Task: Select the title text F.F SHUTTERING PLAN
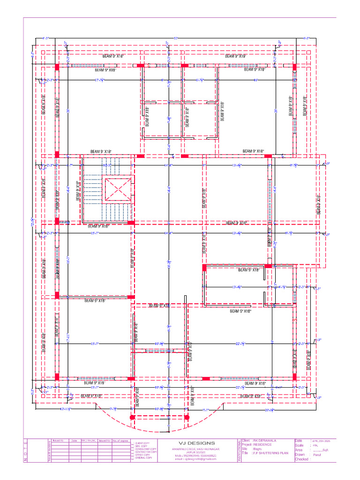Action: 270,453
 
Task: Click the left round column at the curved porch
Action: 132,417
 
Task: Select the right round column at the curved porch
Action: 187,417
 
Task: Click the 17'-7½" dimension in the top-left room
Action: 99,80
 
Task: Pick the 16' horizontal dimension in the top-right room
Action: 256,80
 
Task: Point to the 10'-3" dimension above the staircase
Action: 106,165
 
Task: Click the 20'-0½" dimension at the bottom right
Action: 269,410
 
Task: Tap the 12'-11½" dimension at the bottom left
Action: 66,409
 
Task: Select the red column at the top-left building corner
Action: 57,67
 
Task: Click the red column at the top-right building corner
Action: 294,67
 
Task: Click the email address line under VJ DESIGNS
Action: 196,459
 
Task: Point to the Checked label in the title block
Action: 301,459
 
